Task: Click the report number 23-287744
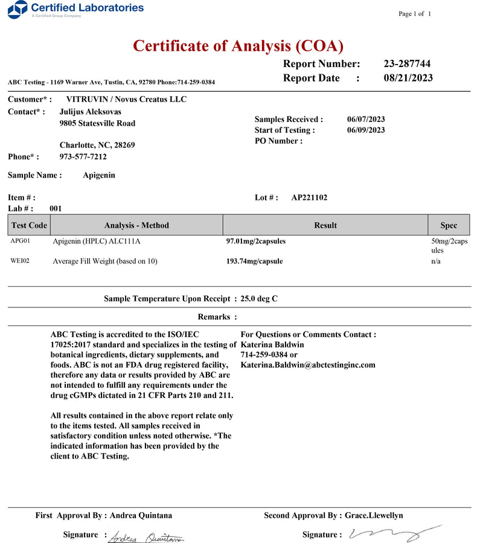click(407, 64)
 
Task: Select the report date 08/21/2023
click(408, 78)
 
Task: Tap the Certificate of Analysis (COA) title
click(238, 45)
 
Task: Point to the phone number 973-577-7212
click(83, 157)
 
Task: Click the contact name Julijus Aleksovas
click(91, 112)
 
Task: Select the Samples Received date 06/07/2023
click(366, 120)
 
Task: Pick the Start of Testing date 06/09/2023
click(366, 130)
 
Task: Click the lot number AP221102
click(309, 198)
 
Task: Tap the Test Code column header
click(29, 225)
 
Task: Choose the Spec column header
click(449, 225)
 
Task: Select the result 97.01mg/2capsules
click(256, 241)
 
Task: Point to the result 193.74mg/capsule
click(254, 262)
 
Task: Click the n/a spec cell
click(435, 262)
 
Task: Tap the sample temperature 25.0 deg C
click(259, 298)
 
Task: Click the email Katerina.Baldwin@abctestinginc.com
click(308, 365)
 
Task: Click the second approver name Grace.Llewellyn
click(374, 515)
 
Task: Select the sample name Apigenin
click(99, 175)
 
